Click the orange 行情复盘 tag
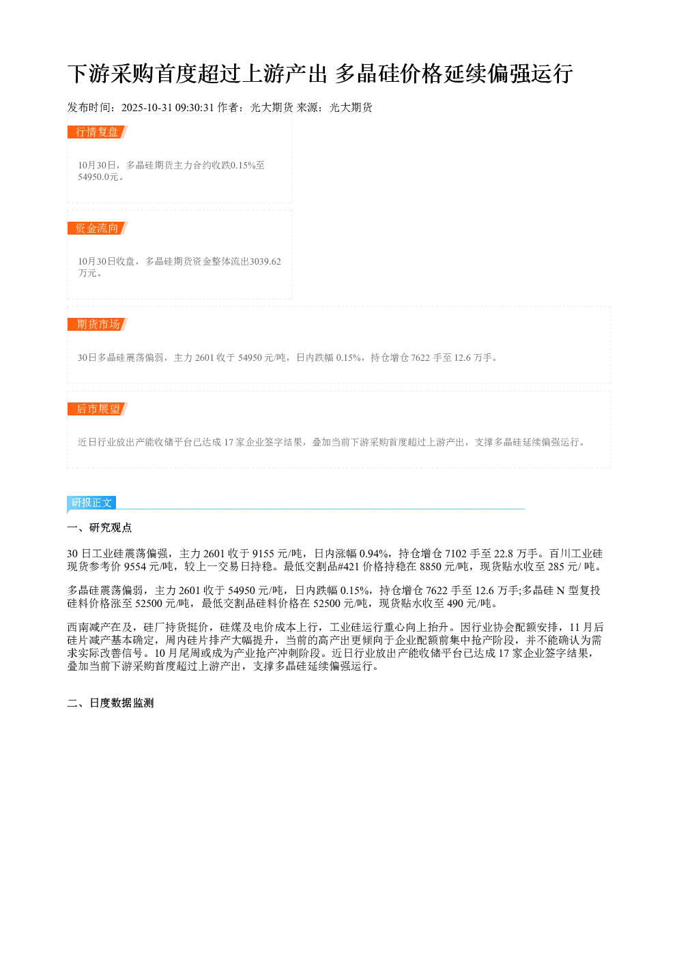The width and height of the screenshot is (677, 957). (98, 132)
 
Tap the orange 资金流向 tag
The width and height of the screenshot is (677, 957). (98, 228)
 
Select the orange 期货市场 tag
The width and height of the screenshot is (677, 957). (98, 324)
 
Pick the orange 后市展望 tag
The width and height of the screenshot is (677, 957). (98, 409)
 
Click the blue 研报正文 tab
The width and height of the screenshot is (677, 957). (91, 503)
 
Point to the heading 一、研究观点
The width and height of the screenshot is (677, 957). (100, 528)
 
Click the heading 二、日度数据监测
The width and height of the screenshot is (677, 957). (111, 703)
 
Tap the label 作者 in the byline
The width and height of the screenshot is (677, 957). (228, 108)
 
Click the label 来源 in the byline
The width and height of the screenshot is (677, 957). (307, 108)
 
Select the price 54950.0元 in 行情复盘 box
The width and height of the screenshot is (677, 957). (98, 177)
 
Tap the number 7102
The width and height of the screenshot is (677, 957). (456, 554)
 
